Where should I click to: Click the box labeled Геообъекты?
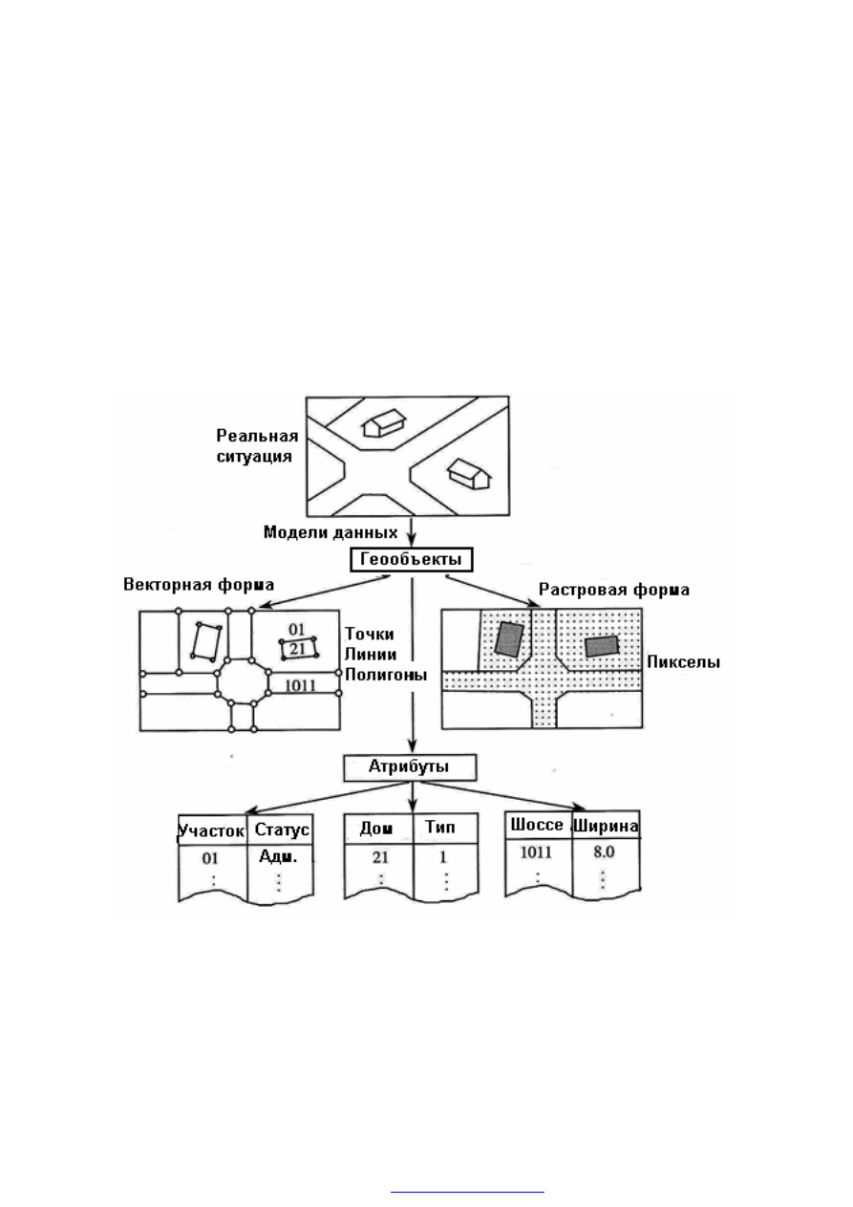(412, 560)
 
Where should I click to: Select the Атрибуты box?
(411, 767)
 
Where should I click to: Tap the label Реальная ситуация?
(257, 446)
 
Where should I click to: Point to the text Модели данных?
(331, 533)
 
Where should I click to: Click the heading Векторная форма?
(199, 585)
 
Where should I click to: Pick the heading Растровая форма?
(614, 590)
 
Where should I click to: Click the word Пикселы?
(683, 661)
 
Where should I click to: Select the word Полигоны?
(386, 675)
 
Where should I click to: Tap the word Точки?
(369, 634)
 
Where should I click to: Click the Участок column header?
(212, 830)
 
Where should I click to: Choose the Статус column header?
(282, 830)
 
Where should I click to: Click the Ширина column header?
(606, 826)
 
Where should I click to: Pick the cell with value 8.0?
(604, 851)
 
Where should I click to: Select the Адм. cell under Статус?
(278, 856)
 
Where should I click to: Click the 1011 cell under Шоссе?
(537, 852)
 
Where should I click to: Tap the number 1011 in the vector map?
(300, 685)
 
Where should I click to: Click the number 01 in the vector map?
(296, 630)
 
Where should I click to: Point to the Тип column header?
(440, 827)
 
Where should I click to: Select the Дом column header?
(376, 829)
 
